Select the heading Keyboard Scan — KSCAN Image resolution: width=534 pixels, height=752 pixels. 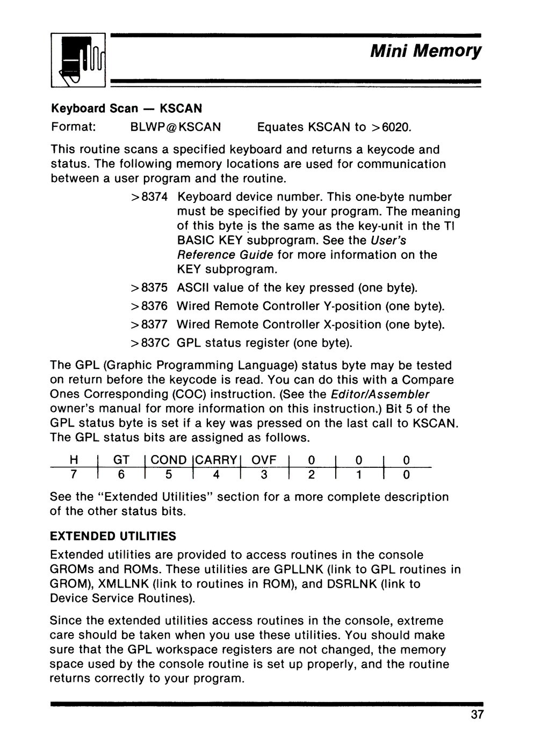point(126,109)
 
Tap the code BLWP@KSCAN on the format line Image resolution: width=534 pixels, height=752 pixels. point(176,127)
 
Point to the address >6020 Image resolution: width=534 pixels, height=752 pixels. point(391,127)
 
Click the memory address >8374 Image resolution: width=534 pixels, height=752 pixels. point(149,197)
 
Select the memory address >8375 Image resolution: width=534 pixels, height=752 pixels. point(149,288)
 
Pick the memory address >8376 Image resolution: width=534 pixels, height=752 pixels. point(149,306)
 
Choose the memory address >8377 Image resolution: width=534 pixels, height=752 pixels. point(149,324)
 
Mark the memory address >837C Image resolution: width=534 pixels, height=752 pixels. point(149,343)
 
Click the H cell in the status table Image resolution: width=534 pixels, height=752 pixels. point(74,460)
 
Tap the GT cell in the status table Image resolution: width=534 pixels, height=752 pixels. point(121,460)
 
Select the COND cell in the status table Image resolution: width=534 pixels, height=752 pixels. point(169,460)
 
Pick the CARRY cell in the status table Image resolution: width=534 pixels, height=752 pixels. point(217,460)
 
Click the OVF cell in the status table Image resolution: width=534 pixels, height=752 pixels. point(264,460)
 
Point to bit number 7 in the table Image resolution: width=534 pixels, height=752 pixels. point(74,475)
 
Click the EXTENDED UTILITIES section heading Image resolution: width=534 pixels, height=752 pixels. point(113,536)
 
